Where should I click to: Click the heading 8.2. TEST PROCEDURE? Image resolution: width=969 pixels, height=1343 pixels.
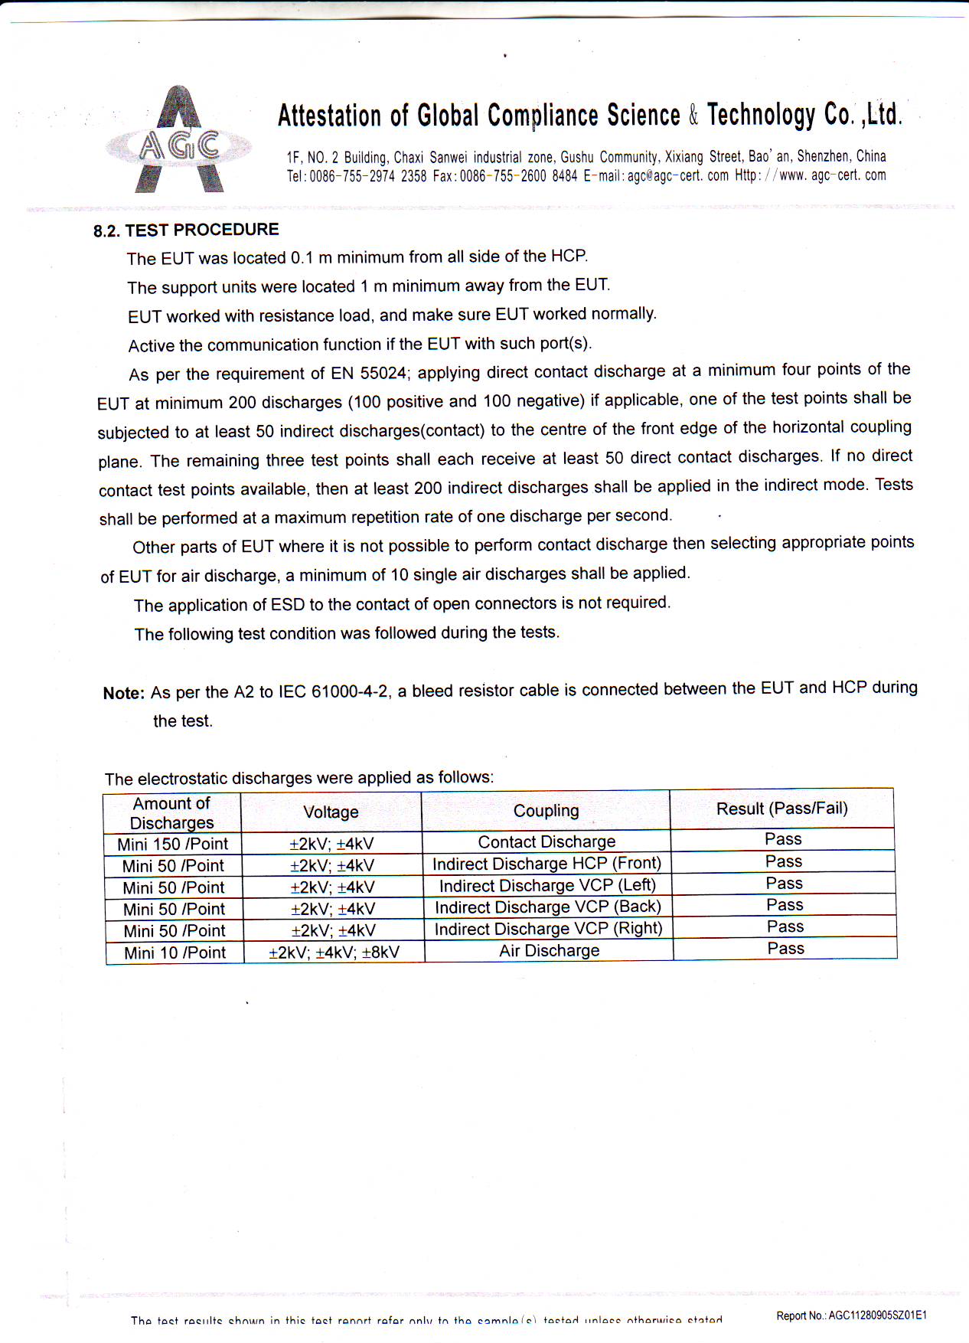(x=186, y=230)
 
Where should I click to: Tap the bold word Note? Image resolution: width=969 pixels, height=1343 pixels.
(x=123, y=693)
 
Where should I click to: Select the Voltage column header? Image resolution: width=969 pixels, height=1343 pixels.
(x=331, y=812)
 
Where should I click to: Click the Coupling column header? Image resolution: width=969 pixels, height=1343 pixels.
(x=546, y=811)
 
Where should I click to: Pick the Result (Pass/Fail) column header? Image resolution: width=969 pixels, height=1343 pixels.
(x=781, y=809)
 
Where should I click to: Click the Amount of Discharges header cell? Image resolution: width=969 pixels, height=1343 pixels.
(x=171, y=813)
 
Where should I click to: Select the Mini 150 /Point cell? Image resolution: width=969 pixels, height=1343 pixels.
(x=172, y=844)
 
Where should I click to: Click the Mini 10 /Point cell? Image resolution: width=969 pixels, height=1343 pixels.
(x=175, y=953)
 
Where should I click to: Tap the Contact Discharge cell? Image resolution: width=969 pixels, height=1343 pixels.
(x=546, y=842)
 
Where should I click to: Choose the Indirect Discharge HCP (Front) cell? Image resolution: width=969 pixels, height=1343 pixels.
(x=546, y=864)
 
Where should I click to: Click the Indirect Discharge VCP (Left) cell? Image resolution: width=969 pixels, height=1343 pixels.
(x=547, y=885)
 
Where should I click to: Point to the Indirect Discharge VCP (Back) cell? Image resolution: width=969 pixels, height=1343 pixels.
(x=547, y=907)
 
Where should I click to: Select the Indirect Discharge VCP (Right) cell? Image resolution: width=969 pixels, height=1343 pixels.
(x=548, y=929)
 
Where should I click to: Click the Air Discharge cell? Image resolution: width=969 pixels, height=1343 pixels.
(x=549, y=951)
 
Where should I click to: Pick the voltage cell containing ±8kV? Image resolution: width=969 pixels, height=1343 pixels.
(x=334, y=953)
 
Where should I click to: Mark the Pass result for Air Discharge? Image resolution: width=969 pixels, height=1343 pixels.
(x=785, y=949)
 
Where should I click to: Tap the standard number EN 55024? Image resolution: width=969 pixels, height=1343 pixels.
(x=368, y=374)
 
